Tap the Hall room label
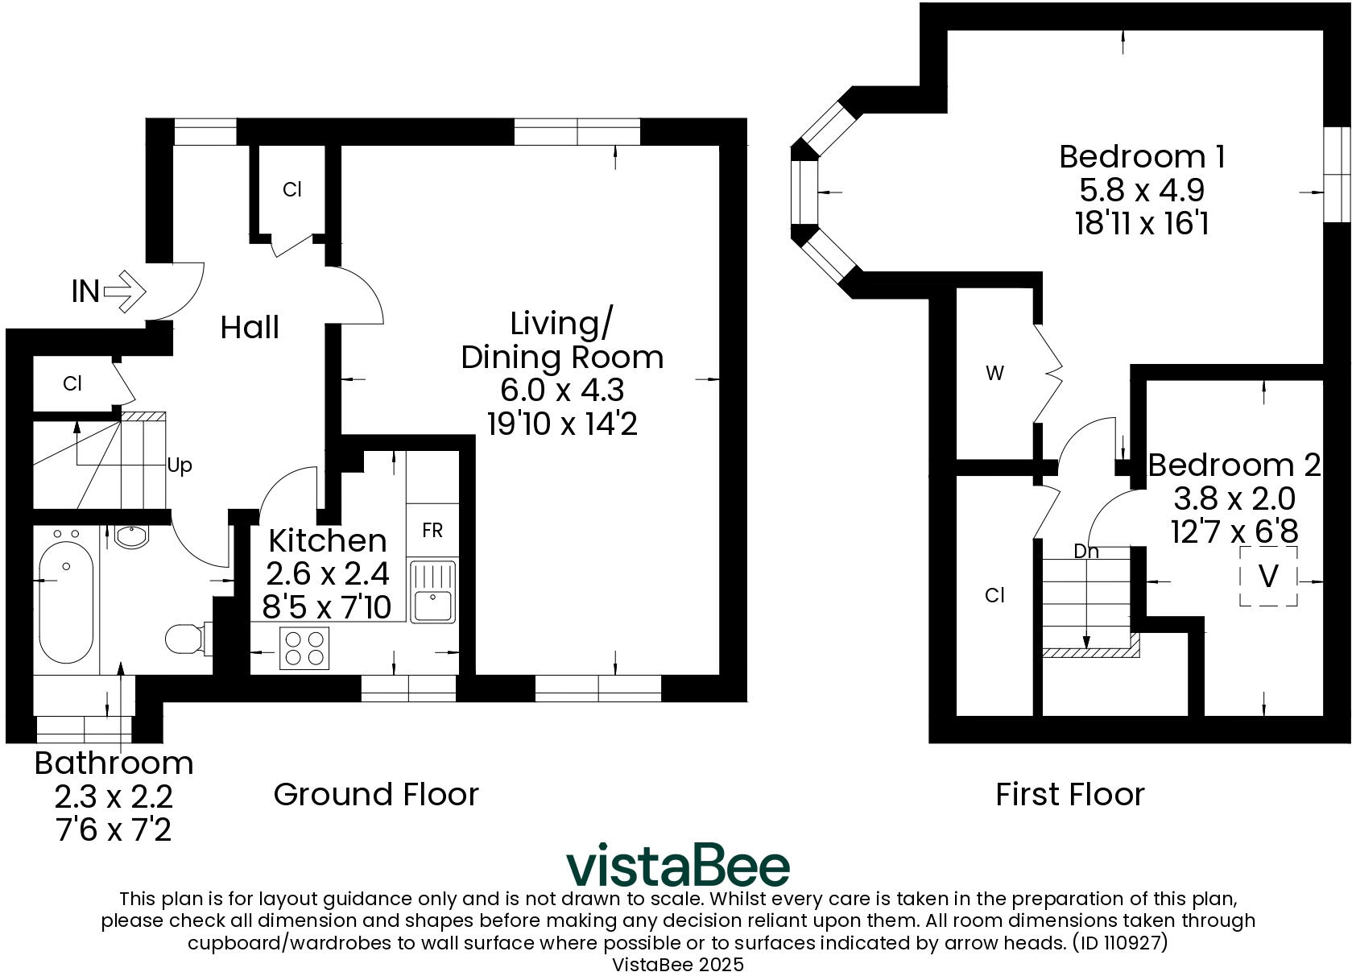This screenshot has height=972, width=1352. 250,328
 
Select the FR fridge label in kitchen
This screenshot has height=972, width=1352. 432,530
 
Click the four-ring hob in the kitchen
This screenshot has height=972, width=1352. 304,647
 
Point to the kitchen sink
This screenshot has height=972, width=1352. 433,592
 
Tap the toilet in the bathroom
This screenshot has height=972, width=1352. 186,639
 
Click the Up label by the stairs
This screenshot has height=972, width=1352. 180,466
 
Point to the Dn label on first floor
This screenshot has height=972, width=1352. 1086,552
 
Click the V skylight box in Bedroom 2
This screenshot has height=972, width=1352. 1268,576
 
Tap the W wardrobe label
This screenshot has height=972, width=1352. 995,374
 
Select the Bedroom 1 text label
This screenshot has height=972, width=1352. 1142,156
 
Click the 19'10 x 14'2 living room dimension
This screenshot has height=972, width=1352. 562,424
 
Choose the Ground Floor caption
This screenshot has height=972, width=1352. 376,794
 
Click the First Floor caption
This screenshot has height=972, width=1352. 1069,794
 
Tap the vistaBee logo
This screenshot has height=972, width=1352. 677,866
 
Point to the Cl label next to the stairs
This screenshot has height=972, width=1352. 72,384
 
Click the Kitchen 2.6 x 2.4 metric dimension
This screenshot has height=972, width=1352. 327,574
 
